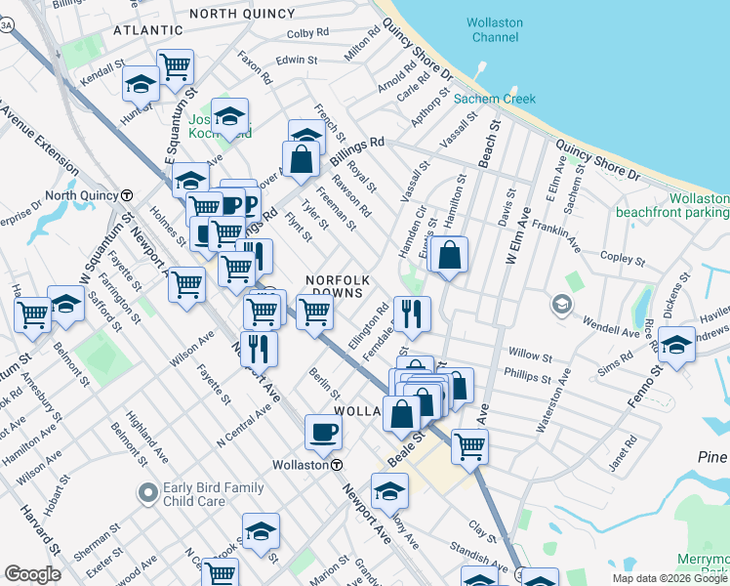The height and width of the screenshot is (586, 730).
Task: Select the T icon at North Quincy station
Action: (127, 195)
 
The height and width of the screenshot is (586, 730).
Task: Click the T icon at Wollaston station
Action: (336, 465)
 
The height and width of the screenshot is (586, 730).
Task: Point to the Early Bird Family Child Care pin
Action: (147, 494)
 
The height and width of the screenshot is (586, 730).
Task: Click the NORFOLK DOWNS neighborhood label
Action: (336, 285)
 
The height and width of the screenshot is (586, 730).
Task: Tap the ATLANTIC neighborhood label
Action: (147, 31)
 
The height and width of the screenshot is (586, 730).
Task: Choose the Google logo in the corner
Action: (32, 574)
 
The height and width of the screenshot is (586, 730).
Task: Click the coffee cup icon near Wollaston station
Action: (323, 431)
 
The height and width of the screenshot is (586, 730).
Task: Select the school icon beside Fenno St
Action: (676, 344)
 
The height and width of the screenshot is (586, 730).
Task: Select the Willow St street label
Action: (524, 353)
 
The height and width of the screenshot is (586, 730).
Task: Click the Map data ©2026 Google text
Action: (670, 578)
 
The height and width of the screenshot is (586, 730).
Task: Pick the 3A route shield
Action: (7, 27)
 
